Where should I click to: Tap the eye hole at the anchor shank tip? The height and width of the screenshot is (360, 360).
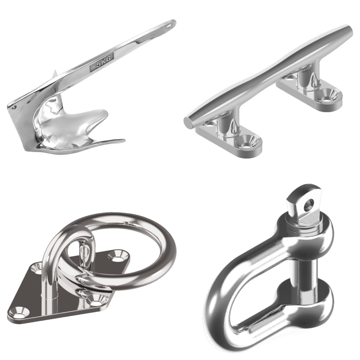click(x=170, y=27)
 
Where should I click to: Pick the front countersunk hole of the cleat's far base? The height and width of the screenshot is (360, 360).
click(x=328, y=95)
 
